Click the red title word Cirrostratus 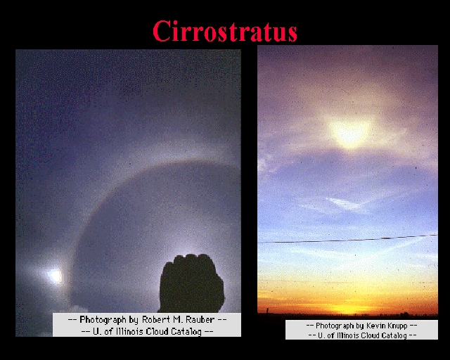[225, 31]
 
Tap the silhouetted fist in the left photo [192, 283]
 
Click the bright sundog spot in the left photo [55, 276]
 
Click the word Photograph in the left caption [103, 320]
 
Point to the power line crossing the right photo [347, 239]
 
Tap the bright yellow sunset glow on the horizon [347, 309]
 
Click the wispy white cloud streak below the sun [345, 205]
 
